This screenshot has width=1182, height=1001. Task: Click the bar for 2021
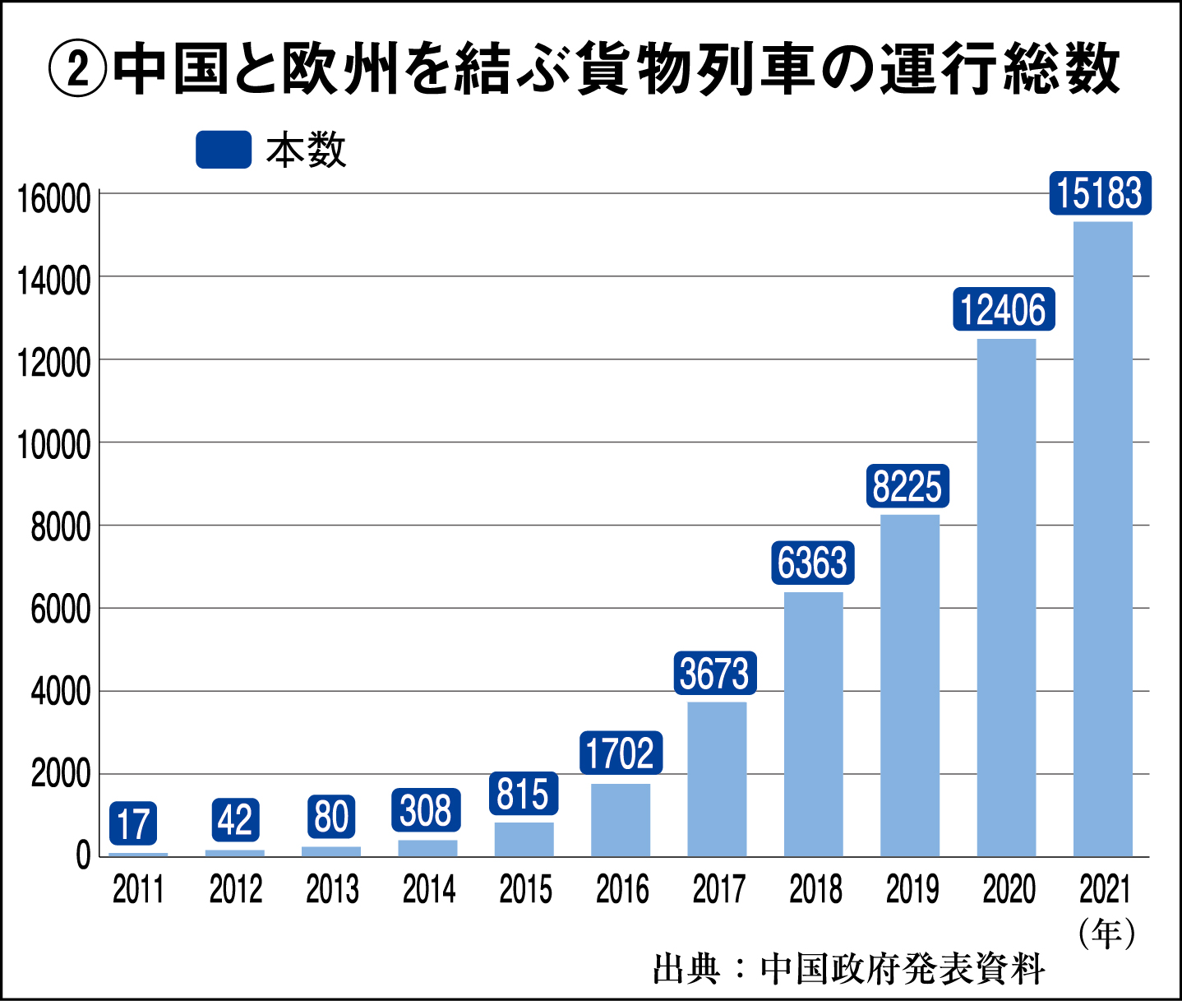pos(1102,539)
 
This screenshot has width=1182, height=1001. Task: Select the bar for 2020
pos(1006,598)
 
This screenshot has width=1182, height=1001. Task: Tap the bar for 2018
pos(813,724)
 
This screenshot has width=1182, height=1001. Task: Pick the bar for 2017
pos(717,779)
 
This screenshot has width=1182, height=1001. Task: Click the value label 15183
pos(1100,194)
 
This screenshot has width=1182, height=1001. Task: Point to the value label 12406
pos(1004,310)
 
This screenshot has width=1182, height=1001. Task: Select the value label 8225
pos(907,486)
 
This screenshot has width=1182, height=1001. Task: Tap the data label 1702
pos(621,753)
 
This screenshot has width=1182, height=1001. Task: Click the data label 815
pos(524,794)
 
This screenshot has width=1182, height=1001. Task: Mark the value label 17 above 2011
pos(133,823)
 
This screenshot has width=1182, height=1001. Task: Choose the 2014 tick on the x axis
pos(429,890)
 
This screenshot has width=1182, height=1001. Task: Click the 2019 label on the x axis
pos(912,890)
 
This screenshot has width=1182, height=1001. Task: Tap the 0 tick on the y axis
pos(83,856)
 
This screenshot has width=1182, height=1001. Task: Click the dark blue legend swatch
pos(224,150)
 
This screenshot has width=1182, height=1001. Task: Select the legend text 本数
pos(306,151)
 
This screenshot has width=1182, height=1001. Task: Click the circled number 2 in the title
pos(77,70)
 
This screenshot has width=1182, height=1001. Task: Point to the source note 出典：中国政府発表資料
pos(849,969)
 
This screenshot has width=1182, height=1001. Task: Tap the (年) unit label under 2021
pos(1106,934)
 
